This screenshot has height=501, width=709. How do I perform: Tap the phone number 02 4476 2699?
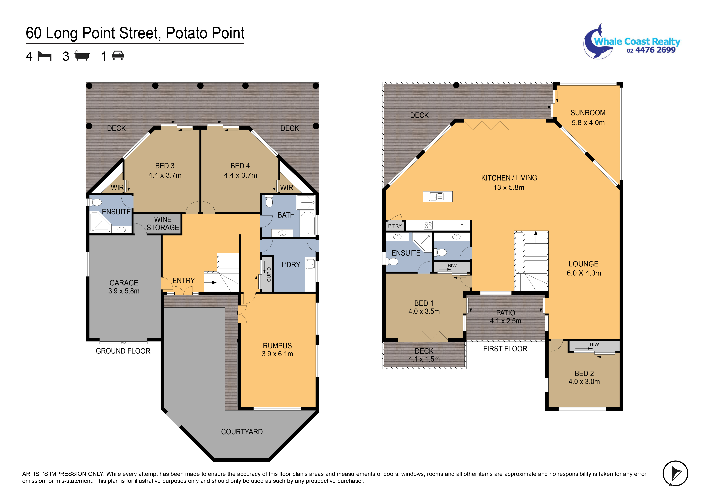point(651,50)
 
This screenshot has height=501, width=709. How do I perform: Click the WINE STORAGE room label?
point(163,223)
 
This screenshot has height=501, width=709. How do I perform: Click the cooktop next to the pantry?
point(428,225)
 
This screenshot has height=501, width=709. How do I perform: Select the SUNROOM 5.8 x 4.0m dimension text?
point(588,123)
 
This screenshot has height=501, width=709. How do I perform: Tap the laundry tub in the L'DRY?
point(310,264)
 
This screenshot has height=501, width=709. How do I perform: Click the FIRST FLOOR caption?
point(505,349)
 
